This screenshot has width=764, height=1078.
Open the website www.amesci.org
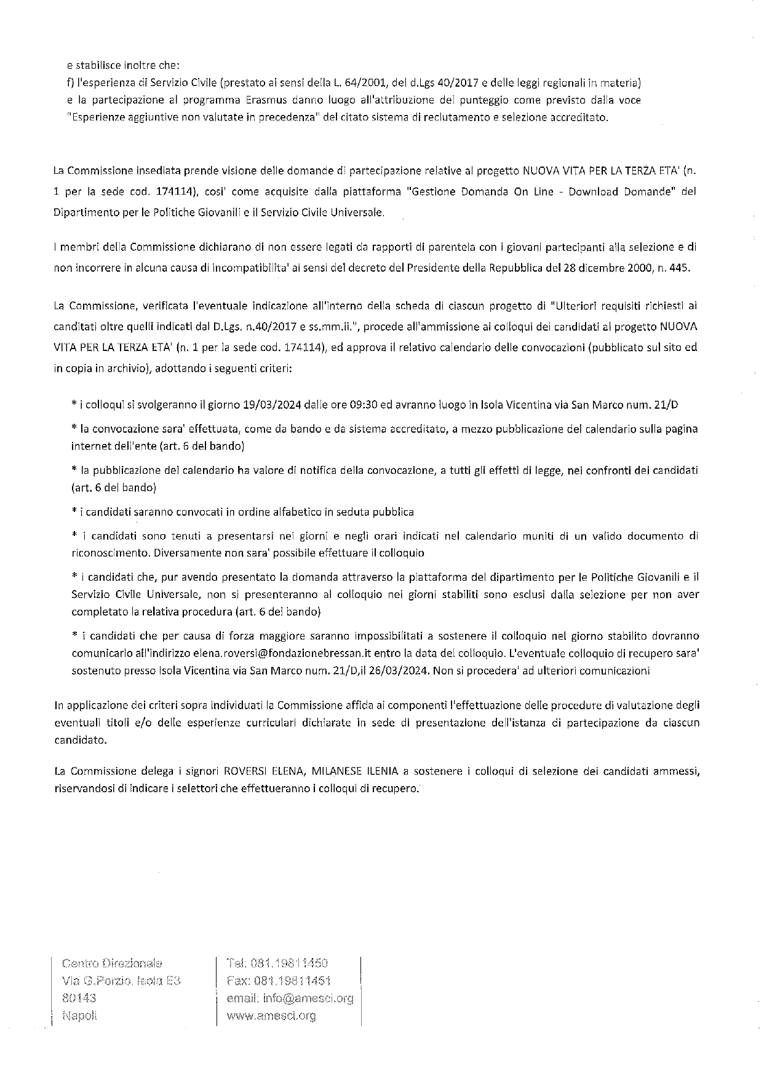coord(271,1016)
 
